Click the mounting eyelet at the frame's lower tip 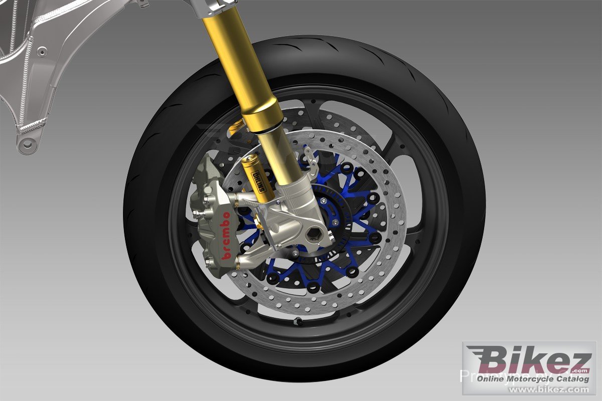(27, 145)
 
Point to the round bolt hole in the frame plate (42, 51)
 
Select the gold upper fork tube (236, 60)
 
